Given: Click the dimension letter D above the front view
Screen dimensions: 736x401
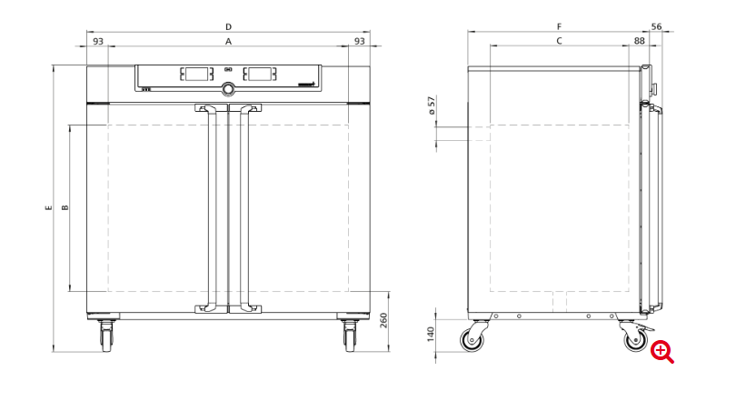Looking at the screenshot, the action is click(x=229, y=26).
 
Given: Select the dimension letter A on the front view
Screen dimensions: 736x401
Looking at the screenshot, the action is click(x=229, y=42).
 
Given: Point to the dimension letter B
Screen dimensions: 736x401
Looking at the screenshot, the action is click(x=65, y=207).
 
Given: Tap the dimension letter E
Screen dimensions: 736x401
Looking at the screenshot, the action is click(x=49, y=207).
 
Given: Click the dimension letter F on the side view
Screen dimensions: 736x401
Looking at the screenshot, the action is click(x=559, y=26).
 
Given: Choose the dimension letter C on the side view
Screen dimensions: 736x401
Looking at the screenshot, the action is click(x=559, y=41).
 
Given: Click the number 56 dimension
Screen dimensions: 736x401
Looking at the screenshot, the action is click(x=656, y=26).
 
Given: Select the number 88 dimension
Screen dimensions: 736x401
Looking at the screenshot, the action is click(x=640, y=41).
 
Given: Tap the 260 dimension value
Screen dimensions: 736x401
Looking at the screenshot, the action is click(x=383, y=320).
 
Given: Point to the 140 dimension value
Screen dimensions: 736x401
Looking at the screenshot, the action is click(x=431, y=335).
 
